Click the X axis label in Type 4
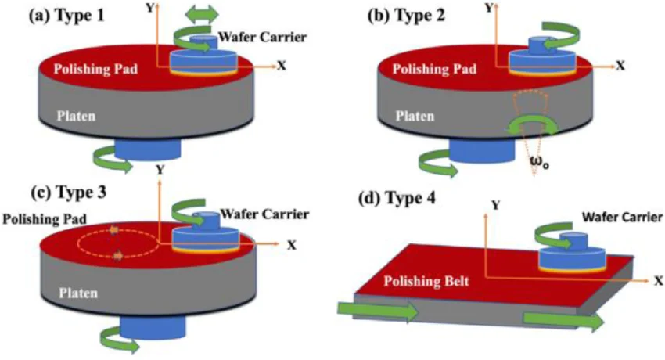pos(658,279)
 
